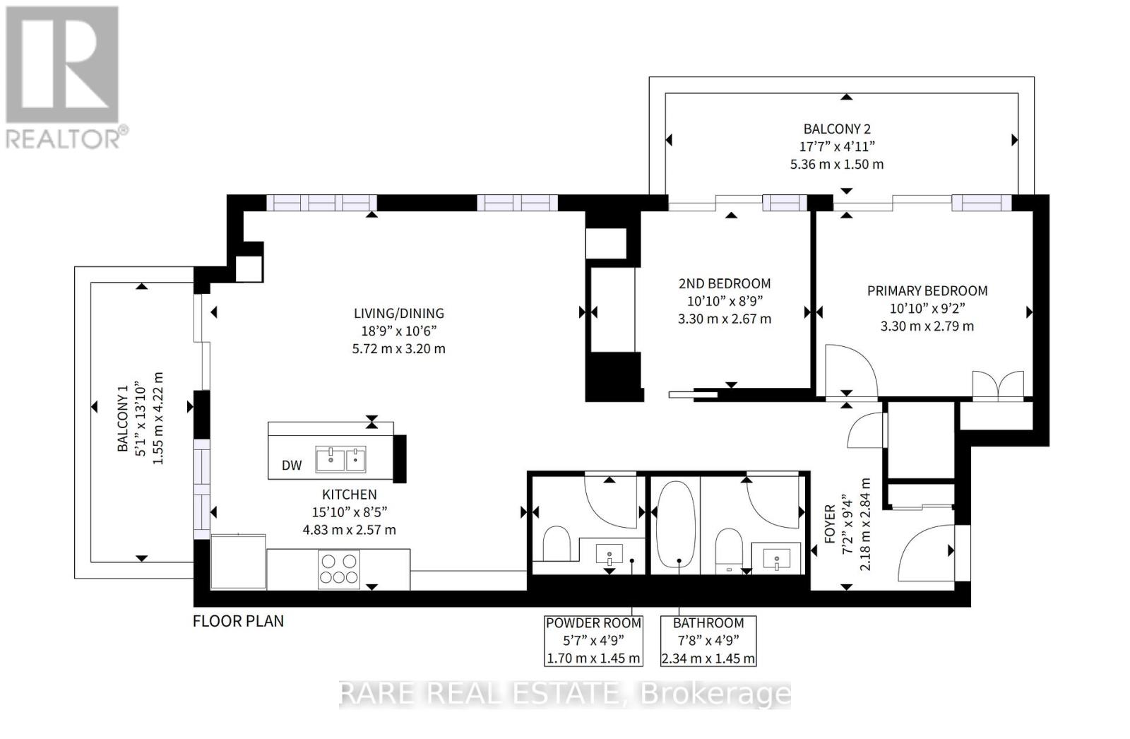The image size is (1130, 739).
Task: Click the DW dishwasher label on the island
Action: click(x=292, y=465)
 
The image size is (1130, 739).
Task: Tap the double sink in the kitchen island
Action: click(x=340, y=459)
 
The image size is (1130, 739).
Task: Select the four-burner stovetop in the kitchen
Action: click(x=338, y=569)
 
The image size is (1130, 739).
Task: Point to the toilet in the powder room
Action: click(x=557, y=543)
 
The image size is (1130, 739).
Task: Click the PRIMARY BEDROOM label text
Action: click(x=927, y=290)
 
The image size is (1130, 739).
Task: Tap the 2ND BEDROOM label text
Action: click(x=724, y=283)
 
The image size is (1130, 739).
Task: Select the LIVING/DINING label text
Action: click(x=398, y=313)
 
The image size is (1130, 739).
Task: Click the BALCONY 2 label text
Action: click(x=836, y=129)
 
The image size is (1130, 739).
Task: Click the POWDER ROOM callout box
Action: click(x=593, y=641)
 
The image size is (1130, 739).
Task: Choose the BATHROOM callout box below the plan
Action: click(x=708, y=641)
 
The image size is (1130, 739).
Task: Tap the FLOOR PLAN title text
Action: click(x=238, y=621)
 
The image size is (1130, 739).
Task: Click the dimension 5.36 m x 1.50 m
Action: click(x=836, y=164)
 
